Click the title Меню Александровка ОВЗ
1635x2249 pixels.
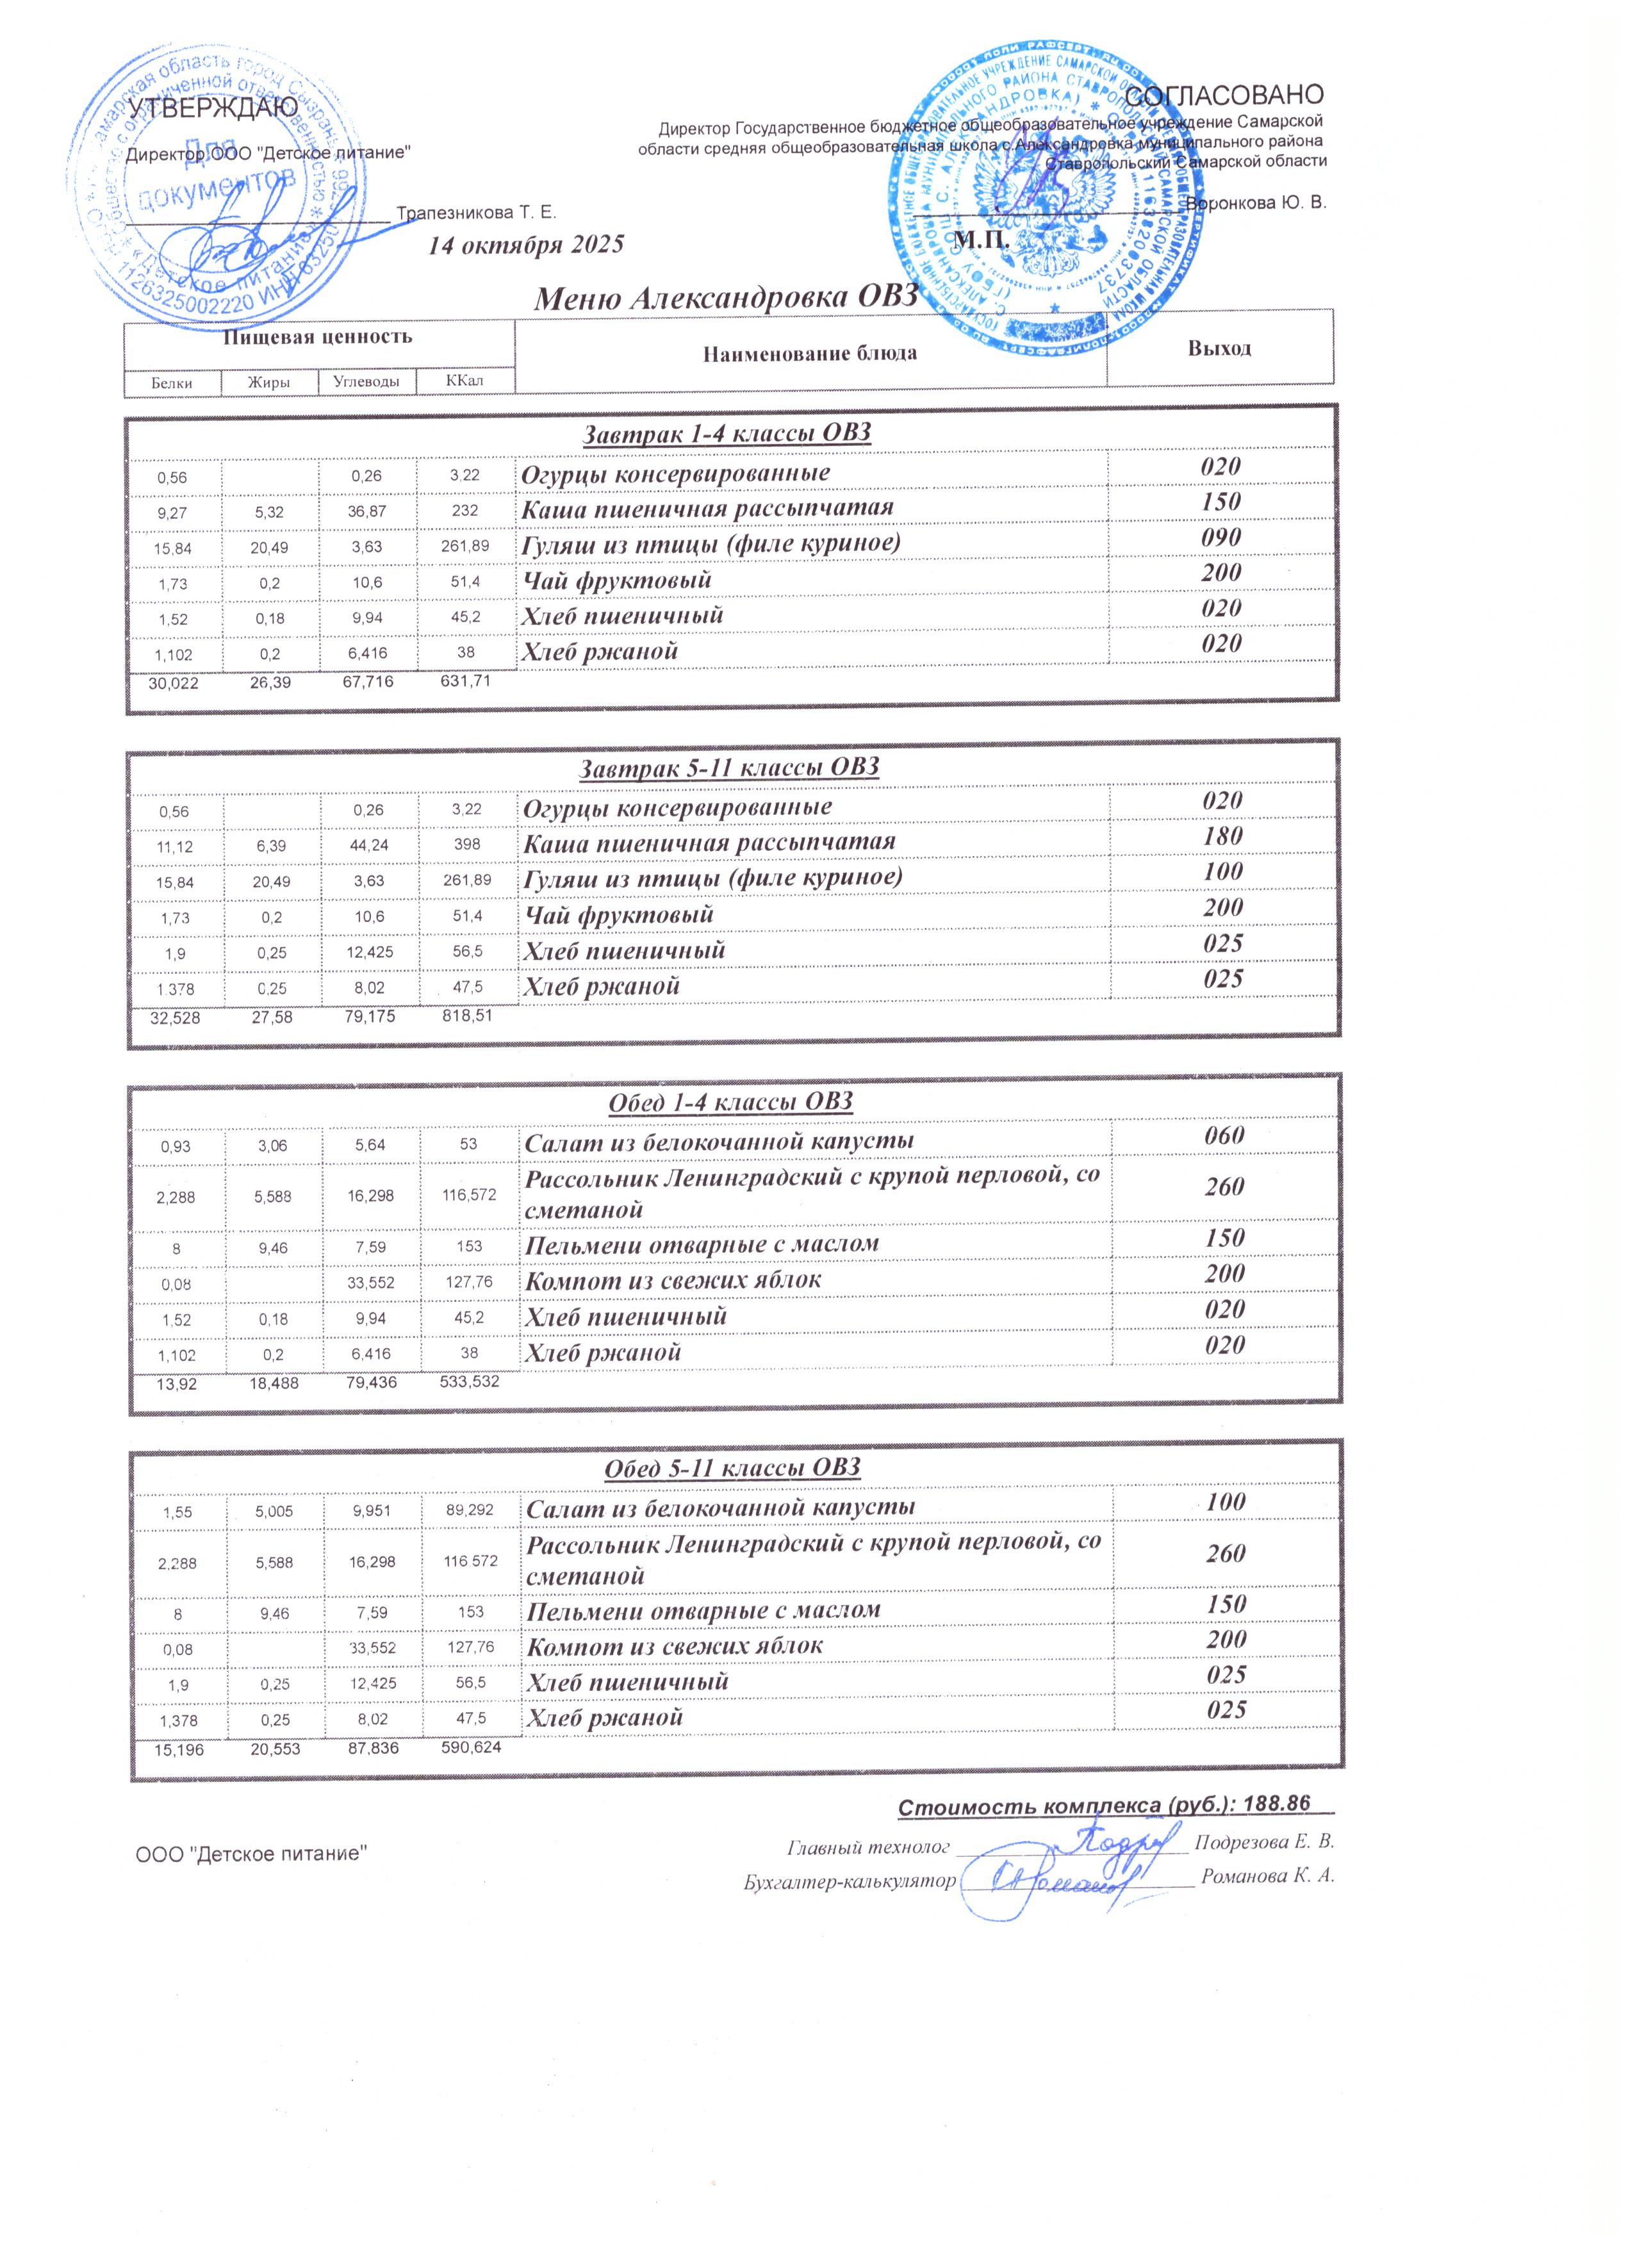coord(723,297)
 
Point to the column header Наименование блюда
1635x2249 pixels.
coord(810,353)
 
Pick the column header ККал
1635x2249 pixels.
coord(465,381)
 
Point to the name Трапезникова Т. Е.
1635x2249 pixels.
coord(476,213)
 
